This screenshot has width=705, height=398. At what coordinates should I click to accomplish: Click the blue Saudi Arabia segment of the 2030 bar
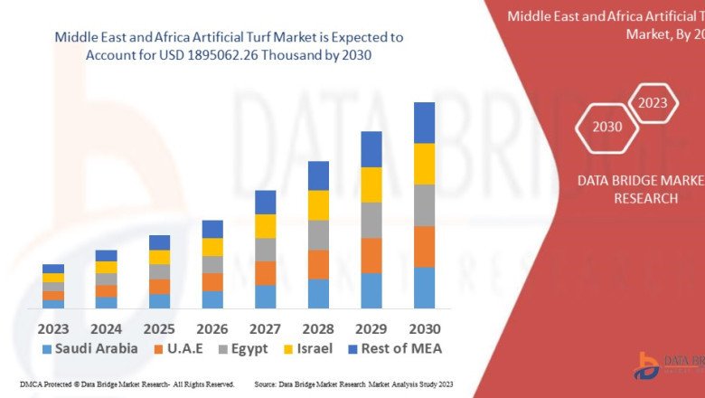click(x=424, y=288)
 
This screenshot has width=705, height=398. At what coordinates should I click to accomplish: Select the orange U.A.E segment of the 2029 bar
click(x=371, y=256)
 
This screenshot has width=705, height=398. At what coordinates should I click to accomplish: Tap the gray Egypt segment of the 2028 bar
click(x=318, y=235)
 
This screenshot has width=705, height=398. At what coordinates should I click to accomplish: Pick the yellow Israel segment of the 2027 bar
click(x=265, y=226)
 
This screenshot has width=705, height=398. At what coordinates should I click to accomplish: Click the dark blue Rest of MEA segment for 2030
click(x=424, y=122)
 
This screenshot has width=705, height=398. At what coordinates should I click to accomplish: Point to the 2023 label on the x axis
click(x=53, y=328)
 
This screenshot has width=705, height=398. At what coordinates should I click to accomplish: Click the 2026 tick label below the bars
click(x=212, y=328)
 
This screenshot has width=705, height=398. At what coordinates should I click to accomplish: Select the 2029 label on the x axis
click(x=371, y=328)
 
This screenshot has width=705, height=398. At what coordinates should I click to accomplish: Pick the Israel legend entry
click(x=308, y=348)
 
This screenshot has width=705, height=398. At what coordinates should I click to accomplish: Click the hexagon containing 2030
click(x=607, y=127)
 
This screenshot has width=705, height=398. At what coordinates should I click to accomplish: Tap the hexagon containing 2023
click(x=652, y=103)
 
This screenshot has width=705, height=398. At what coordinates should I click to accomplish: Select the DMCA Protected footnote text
click(x=126, y=384)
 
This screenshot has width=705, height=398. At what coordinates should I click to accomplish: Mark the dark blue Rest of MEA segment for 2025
click(x=159, y=242)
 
